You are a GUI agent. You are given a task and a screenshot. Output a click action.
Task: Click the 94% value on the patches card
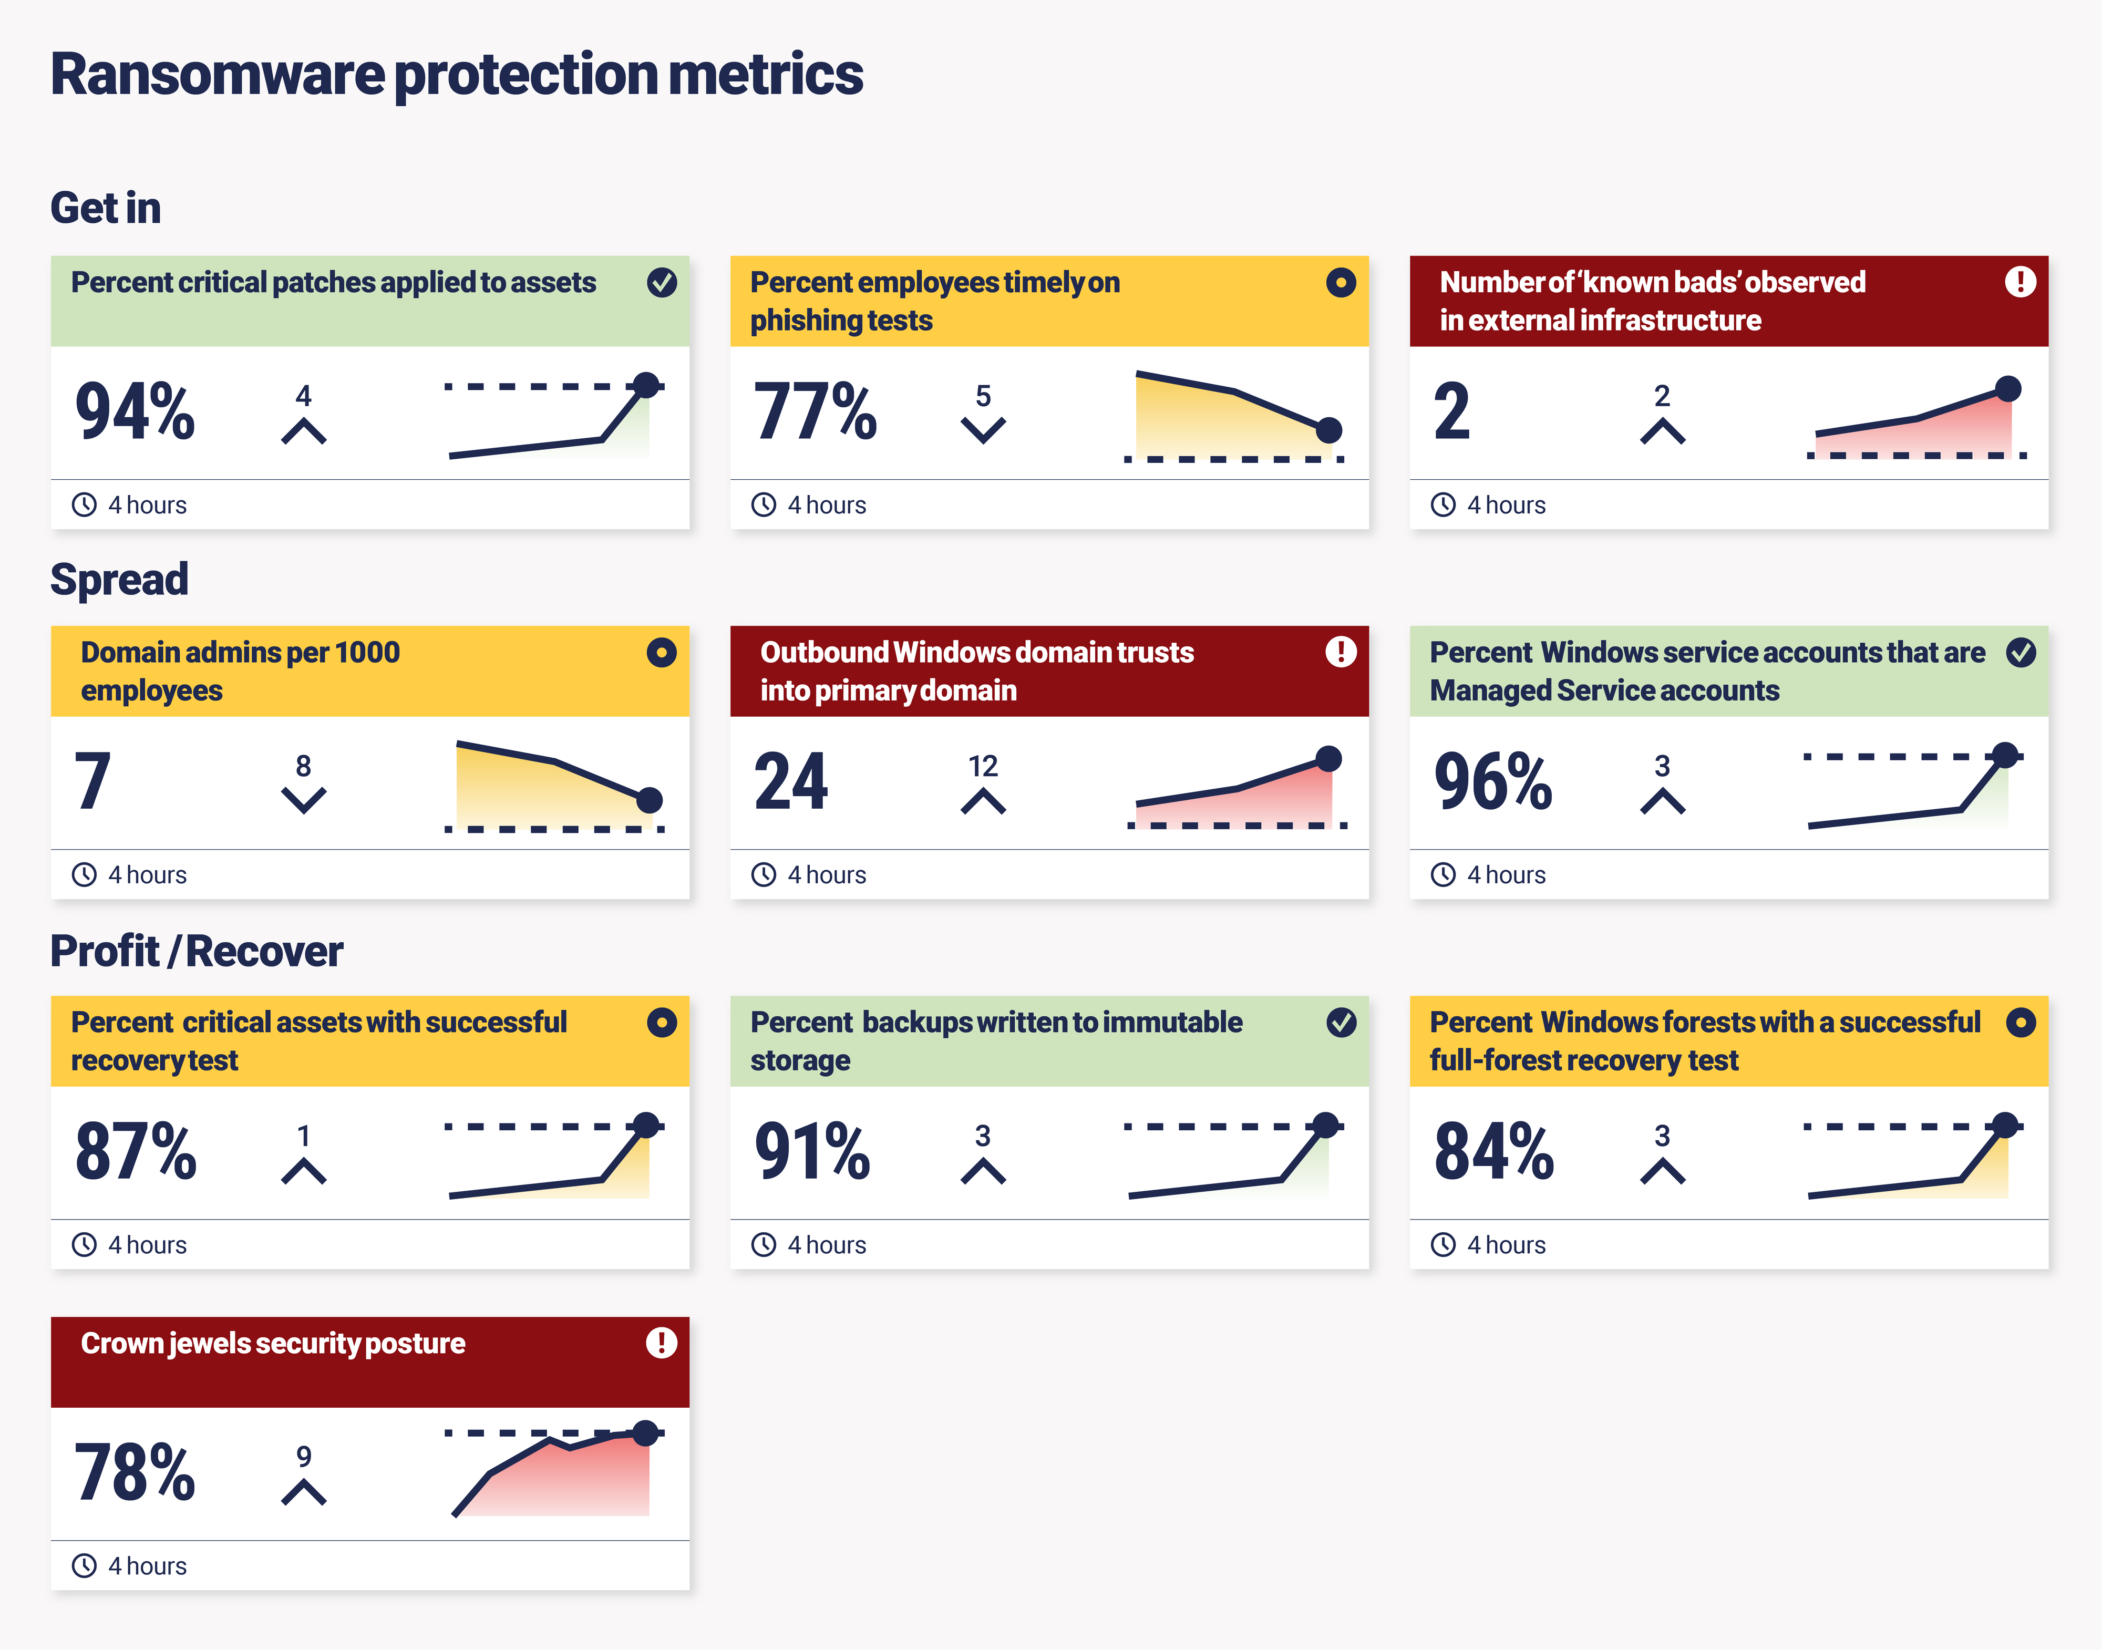(x=135, y=411)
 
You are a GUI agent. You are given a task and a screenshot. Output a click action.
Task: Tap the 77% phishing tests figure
(x=815, y=411)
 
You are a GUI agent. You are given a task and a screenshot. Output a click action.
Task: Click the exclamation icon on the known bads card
(x=2020, y=282)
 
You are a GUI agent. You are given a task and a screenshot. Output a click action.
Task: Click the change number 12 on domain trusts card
(x=983, y=766)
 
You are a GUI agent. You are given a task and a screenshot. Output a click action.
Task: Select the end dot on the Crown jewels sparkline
(x=645, y=1432)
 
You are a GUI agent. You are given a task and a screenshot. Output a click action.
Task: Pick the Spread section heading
(x=119, y=580)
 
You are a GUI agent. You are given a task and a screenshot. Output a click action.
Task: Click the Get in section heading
(x=105, y=208)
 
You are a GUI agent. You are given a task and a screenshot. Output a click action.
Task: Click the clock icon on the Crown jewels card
(x=85, y=1566)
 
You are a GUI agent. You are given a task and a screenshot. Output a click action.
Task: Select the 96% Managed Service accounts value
(x=1492, y=781)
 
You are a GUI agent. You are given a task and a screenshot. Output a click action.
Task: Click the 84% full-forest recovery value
(x=1493, y=1151)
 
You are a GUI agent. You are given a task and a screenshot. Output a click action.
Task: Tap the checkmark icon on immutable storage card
(x=1341, y=1022)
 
